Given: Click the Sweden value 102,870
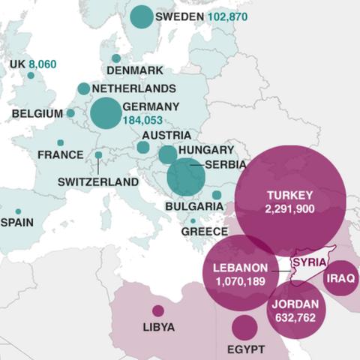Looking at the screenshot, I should point(227,16).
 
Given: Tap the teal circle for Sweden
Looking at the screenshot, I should point(141,16).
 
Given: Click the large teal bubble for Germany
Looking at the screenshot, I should point(106,113).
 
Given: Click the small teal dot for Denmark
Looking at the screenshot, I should point(116,58).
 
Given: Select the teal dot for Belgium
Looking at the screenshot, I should point(70,113).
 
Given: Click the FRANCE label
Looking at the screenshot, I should point(60,154).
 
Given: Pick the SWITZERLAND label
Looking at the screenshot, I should point(98,181).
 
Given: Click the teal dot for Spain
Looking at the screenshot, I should point(18,211).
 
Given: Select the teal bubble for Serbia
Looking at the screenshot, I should point(186,178).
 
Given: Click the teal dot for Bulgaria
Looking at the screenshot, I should point(217,195).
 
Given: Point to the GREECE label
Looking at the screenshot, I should point(204,232).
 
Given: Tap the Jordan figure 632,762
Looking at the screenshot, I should point(295,318).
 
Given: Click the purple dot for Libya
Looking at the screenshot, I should point(158,310).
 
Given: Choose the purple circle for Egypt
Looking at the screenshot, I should point(244,328).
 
